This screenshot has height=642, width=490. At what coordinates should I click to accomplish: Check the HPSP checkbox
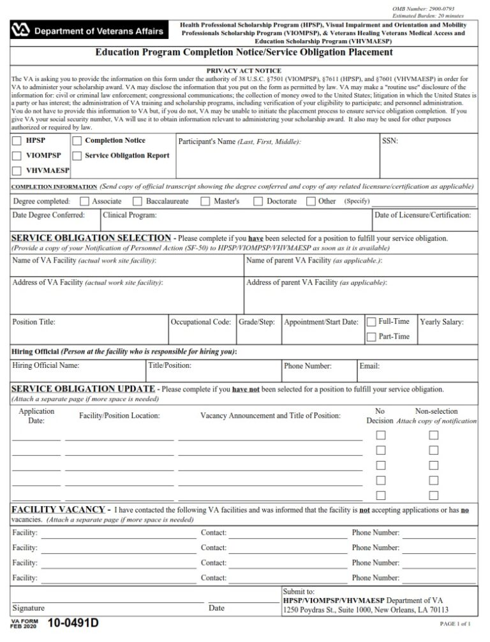[x=17, y=140]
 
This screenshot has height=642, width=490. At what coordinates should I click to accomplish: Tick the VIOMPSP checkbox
[x=17, y=156]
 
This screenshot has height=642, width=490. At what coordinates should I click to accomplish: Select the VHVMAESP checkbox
[x=17, y=170]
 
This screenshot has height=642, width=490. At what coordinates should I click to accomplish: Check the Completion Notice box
[x=77, y=140]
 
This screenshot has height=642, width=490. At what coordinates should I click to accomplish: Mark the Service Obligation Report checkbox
[x=77, y=156]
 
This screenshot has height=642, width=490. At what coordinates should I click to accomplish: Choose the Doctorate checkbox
[x=258, y=201]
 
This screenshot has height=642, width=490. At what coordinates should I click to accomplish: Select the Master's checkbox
[x=205, y=201]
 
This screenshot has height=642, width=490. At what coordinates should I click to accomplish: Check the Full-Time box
[x=371, y=321]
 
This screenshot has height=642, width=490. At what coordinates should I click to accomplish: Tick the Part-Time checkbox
[x=371, y=337]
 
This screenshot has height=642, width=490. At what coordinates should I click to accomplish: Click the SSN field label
[x=390, y=140]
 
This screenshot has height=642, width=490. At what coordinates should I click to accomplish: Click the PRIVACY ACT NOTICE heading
[x=244, y=71]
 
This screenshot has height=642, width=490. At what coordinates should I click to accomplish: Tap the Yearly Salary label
[x=442, y=322]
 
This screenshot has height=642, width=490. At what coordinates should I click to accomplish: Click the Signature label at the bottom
[x=29, y=608]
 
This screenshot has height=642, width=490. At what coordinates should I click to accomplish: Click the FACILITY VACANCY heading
[x=58, y=509]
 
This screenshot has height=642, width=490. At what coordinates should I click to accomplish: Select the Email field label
[x=369, y=366]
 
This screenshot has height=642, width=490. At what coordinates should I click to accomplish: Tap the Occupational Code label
[x=201, y=322]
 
